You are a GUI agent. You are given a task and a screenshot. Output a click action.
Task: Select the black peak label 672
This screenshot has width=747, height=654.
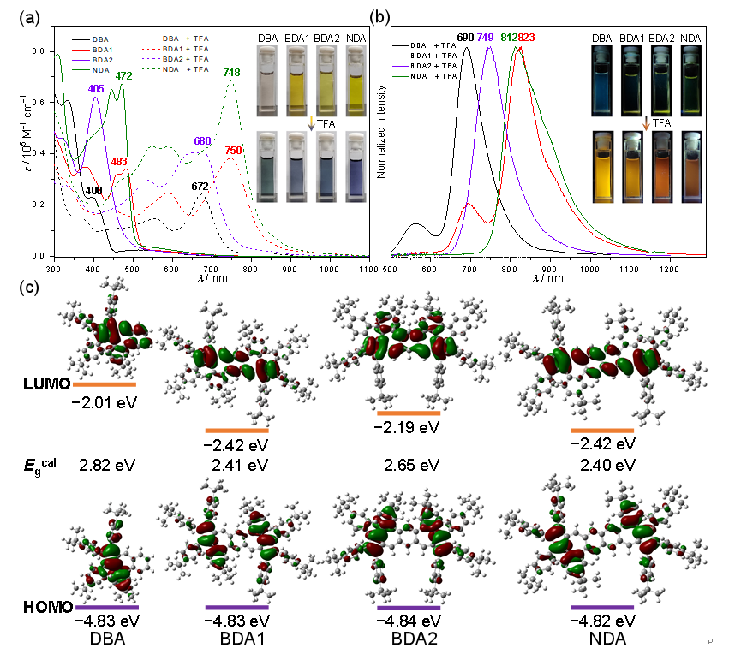tap(200, 187)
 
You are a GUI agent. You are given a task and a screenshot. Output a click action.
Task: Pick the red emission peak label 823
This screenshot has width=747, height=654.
tap(526, 39)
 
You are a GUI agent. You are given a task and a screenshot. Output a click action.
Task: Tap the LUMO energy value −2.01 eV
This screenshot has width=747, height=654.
tap(105, 400)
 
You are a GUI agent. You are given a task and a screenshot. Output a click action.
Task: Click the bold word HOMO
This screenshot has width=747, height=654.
tap(45, 607)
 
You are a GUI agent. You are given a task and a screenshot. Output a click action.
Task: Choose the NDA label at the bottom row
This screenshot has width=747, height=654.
tap(602, 638)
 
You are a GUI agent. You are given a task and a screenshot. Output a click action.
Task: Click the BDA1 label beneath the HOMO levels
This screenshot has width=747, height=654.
tap(236, 638)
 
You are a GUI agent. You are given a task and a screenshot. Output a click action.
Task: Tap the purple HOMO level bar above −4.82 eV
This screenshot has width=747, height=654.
tap(602, 607)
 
